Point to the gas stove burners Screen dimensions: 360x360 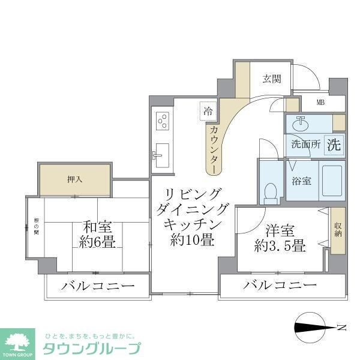162,121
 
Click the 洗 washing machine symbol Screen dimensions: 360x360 334,144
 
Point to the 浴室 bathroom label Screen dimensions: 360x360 301,180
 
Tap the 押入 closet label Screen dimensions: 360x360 74,179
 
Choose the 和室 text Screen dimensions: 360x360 98,228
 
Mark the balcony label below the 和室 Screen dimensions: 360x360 96,286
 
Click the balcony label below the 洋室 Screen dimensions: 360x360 280,286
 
